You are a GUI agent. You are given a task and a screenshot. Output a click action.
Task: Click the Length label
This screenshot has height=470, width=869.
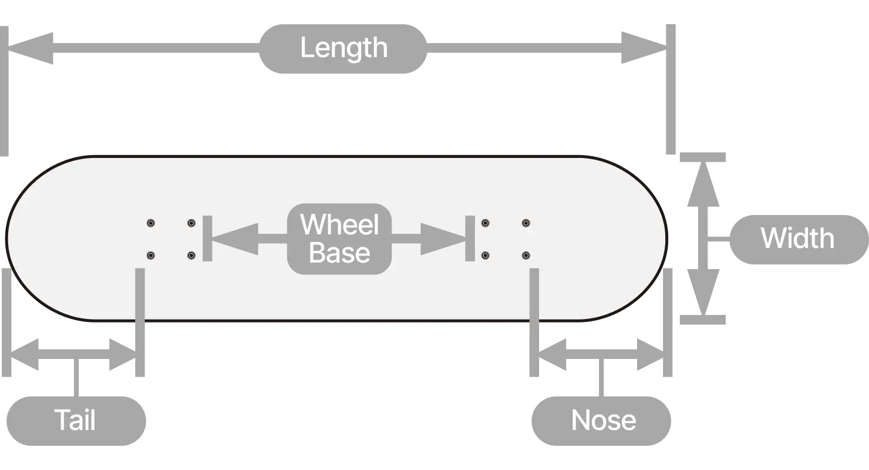(x=343, y=49)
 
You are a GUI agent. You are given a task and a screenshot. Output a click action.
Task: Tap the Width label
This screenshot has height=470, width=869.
(x=797, y=239)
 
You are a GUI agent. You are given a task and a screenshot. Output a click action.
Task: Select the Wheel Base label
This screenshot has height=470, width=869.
(x=339, y=239)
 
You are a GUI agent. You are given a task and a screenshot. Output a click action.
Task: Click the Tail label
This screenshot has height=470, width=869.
(x=75, y=420)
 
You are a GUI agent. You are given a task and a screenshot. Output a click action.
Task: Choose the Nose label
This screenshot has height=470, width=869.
(x=603, y=420)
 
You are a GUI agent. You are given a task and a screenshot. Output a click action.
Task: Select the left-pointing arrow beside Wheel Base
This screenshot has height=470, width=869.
(x=235, y=239)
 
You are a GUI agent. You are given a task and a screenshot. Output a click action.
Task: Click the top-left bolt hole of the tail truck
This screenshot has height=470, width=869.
(x=151, y=223)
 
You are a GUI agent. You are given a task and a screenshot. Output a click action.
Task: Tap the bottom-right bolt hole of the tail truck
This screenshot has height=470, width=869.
(x=191, y=256)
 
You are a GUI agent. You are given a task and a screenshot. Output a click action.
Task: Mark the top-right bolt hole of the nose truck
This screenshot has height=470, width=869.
(x=526, y=223)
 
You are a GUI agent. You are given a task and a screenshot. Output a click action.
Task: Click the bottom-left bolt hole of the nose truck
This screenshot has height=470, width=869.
(x=486, y=256)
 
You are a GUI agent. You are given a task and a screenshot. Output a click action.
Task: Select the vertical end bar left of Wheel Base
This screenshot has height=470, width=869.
(x=207, y=239)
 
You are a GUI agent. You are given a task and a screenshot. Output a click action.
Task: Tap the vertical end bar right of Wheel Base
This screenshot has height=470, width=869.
(x=470, y=239)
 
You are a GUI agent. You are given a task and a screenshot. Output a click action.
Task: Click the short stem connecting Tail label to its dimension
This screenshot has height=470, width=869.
(x=75, y=379)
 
